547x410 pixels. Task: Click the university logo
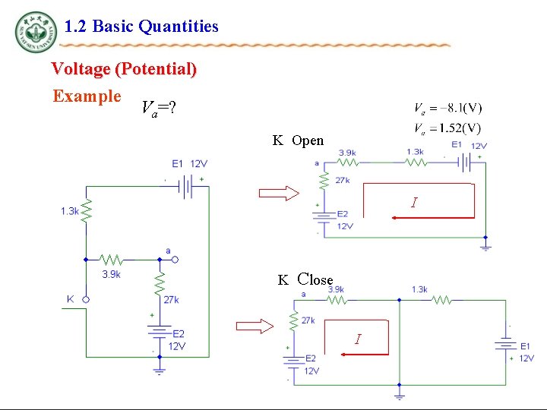(x=35, y=32)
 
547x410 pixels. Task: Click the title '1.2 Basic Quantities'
(x=141, y=27)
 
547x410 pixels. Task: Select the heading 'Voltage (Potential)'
(x=124, y=69)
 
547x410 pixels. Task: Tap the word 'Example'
(x=87, y=96)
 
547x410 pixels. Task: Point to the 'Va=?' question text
(x=159, y=108)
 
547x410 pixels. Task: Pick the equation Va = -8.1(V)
(x=447, y=108)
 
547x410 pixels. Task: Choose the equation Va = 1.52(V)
(x=447, y=127)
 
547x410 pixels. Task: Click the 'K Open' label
(x=299, y=140)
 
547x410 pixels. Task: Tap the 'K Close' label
(x=305, y=279)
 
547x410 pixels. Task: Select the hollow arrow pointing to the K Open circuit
(x=279, y=193)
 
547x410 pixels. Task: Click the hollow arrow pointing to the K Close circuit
(x=256, y=326)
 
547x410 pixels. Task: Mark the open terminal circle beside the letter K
(x=86, y=299)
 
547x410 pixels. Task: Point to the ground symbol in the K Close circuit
(x=400, y=395)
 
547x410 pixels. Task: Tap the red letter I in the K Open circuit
(x=413, y=203)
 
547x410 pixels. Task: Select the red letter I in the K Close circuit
(x=357, y=339)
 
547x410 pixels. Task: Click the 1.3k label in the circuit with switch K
(x=70, y=211)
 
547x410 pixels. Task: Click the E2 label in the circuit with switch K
(x=178, y=334)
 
